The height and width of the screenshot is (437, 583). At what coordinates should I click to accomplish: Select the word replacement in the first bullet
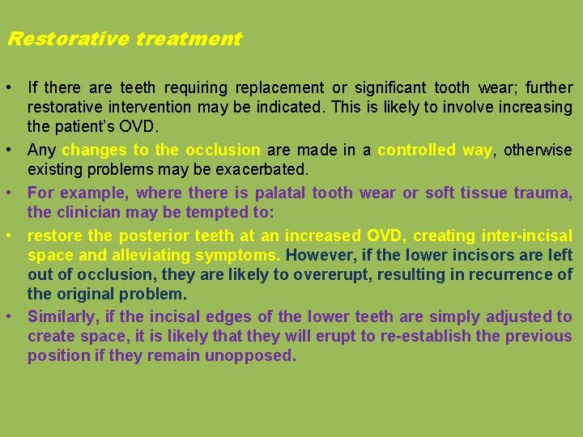tap(279, 87)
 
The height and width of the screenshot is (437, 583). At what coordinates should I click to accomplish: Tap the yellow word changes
tap(95, 150)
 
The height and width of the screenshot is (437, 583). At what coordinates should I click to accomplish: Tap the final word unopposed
tap(256, 355)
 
